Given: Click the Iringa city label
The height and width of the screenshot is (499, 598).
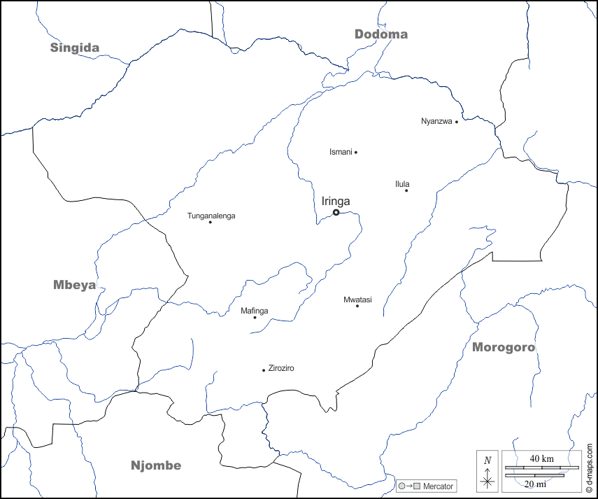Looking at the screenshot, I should pyautogui.click(x=336, y=202).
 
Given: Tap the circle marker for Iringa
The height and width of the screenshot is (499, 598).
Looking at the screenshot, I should pyautogui.click(x=336, y=212).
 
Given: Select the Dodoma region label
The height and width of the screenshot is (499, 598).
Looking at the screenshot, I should pyautogui.click(x=380, y=34).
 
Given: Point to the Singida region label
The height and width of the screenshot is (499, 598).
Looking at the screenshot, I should pyautogui.click(x=74, y=48).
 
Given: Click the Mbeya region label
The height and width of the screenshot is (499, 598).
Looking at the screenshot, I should pyautogui.click(x=74, y=285).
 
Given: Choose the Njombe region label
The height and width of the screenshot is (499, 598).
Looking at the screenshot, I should pyautogui.click(x=156, y=465).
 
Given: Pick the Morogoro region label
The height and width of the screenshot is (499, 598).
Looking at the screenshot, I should pyautogui.click(x=503, y=347).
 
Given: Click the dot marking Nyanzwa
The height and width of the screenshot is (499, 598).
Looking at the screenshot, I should pyautogui.click(x=457, y=122).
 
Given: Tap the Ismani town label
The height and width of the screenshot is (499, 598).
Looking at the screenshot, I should pyautogui.click(x=341, y=152).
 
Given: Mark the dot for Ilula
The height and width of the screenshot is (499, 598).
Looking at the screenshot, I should pyautogui.click(x=406, y=190).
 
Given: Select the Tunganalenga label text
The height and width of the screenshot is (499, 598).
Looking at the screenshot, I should pyautogui.click(x=211, y=216).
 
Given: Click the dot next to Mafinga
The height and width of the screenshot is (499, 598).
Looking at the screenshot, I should pyautogui.click(x=255, y=318).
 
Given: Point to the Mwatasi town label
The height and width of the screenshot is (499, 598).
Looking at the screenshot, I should pyautogui.click(x=357, y=300).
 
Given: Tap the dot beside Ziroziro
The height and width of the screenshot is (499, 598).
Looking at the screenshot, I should pyautogui.click(x=264, y=370).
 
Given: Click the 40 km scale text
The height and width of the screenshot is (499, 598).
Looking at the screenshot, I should pyautogui.click(x=541, y=458).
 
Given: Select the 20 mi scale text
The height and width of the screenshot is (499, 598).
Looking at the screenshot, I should pyautogui.click(x=536, y=484).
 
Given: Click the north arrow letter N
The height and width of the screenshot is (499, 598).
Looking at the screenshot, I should pyautogui.click(x=487, y=461).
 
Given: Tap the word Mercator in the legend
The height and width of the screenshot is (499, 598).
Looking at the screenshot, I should pyautogui.click(x=438, y=486).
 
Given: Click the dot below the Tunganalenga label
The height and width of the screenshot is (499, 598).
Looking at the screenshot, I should pyautogui.click(x=211, y=223).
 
